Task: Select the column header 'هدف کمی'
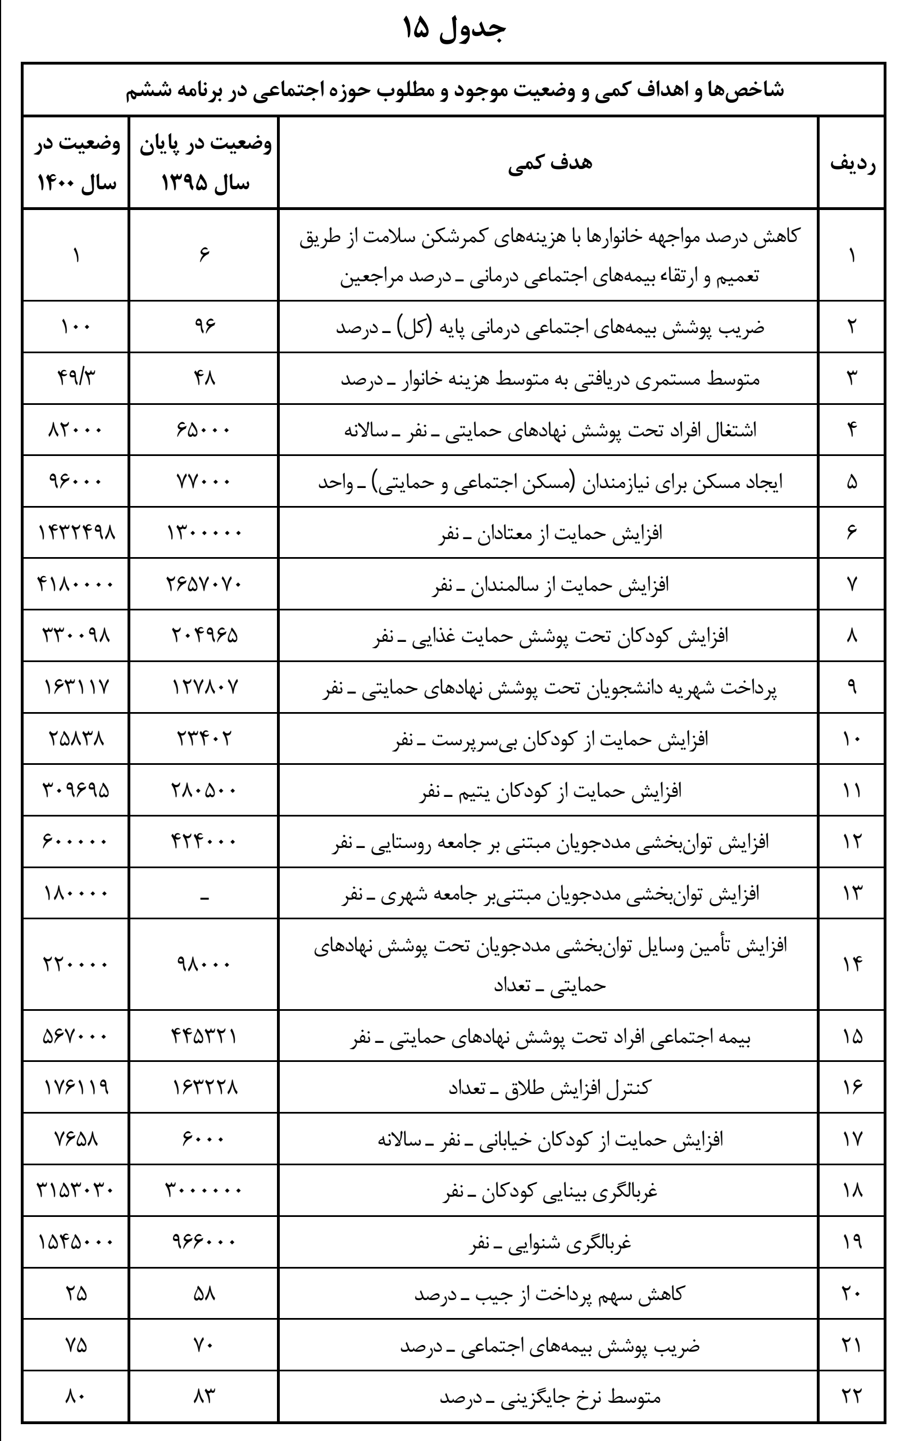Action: tap(549, 163)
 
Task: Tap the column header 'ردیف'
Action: tap(852, 163)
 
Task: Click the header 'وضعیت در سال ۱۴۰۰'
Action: tap(76, 163)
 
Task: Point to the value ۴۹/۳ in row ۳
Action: tap(76, 378)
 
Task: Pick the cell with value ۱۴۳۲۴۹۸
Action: tap(76, 532)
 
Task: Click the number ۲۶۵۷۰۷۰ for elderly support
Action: tap(203, 584)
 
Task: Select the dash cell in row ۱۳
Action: tap(204, 894)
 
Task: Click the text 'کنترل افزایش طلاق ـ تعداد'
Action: tap(549, 1087)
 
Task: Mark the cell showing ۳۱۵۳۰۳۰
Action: tap(76, 1191)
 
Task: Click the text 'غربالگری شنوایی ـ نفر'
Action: tap(549, 1242)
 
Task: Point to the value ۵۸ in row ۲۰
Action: tap(204, 1294)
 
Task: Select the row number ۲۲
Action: tap(852, 1397)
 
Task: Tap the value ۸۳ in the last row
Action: tap(204, 1397)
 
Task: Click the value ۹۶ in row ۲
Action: tap(204, 327)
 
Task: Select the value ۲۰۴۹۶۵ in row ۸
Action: tap(203, 635)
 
